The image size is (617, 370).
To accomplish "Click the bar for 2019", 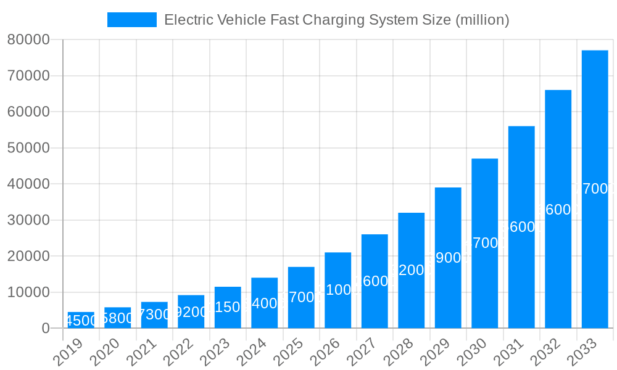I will click(81, 320).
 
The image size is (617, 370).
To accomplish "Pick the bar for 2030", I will click(484, 243).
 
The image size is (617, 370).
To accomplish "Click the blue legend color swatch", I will click(131, 20).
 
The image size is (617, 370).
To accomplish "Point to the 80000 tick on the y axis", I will click(28, 40).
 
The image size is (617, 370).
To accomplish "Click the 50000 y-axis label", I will click(28, 148).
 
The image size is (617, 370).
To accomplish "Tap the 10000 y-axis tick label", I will click(28, 292).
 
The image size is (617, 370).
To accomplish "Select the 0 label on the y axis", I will click(46, 329).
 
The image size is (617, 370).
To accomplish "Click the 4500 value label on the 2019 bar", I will click(81, 321).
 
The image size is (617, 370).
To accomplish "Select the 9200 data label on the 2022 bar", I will click(191, 312).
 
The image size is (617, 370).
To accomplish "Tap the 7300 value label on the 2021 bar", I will click(154, 314).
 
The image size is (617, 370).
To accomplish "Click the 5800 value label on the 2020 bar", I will click(117, 318).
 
